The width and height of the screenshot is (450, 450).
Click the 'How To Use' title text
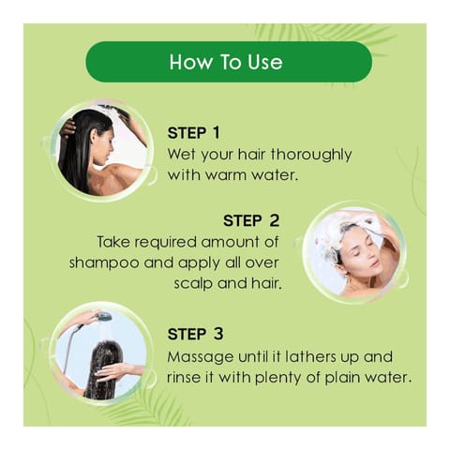tap(226, 62)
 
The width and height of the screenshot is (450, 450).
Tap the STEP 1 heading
tap(194, 133)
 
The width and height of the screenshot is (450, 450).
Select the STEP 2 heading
tap(251, 220)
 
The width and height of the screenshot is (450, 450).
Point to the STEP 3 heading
tap(196, 334)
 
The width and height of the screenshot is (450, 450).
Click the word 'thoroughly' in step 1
tap(311, 156)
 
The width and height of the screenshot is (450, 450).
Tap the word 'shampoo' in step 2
tap(104, 263)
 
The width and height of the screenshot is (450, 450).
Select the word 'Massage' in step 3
tap(201, 358)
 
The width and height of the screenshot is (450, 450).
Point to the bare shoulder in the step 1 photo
tap(120, 175)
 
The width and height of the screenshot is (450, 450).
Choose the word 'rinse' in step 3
tap(182, 378)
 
